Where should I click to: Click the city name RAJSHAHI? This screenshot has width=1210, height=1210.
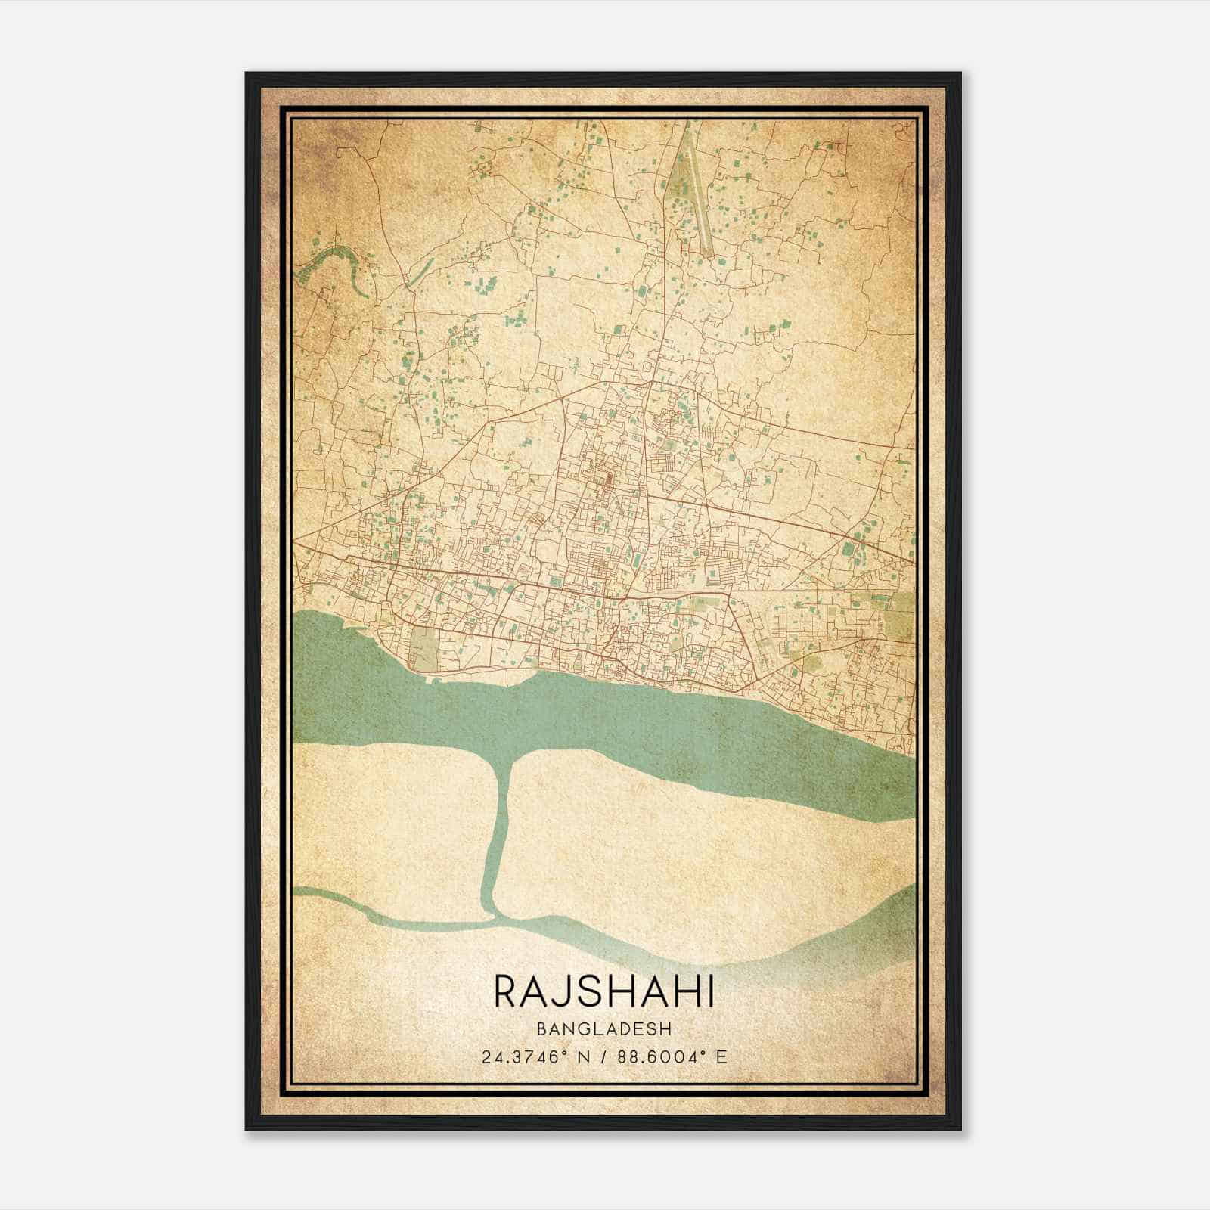603,991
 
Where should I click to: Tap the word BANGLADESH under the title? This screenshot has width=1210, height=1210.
603,1028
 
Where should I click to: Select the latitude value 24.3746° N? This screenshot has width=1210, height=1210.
533,1057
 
